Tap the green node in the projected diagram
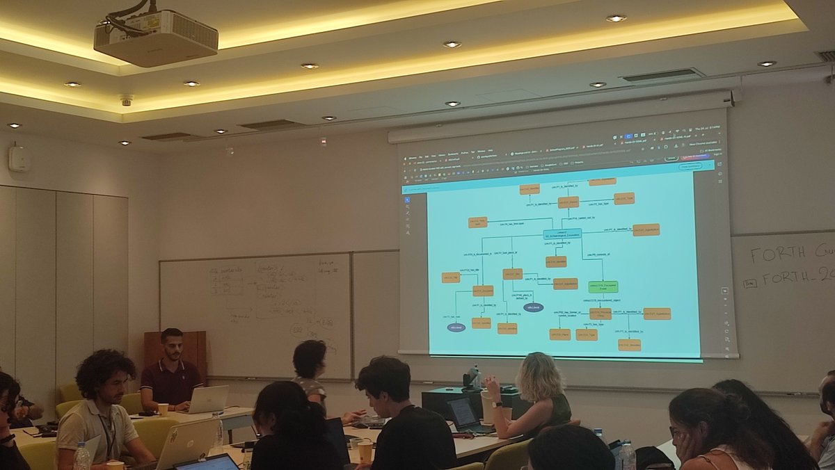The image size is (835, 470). click(603, 286)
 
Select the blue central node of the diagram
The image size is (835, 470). click(562, 234)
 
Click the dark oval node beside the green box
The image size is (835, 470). click(533, 307)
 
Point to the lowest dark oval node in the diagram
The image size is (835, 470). click(456, 327)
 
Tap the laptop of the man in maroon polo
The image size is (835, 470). click(207, 399)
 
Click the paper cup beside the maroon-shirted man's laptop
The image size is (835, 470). click(163, 410)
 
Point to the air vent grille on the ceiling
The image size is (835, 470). click(662, 75)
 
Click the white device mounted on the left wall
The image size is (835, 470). click(17, 159)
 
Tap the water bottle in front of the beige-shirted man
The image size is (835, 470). click(81, 456)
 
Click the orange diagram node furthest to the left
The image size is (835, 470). click(451, 277)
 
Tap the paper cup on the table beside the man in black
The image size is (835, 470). click(365, 451)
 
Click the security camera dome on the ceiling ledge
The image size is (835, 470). click(126, 100)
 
